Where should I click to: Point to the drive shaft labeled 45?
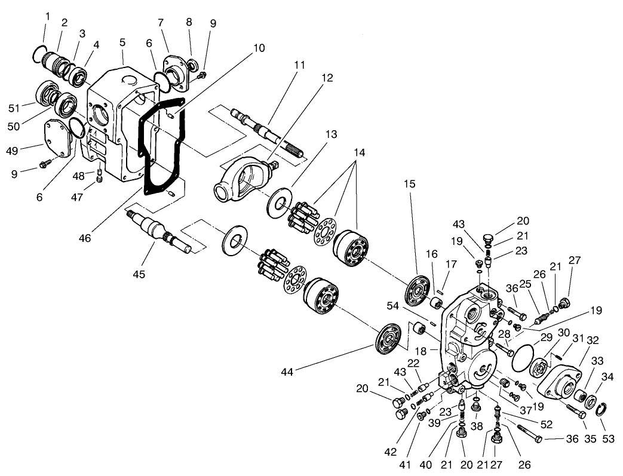[159, 229]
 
